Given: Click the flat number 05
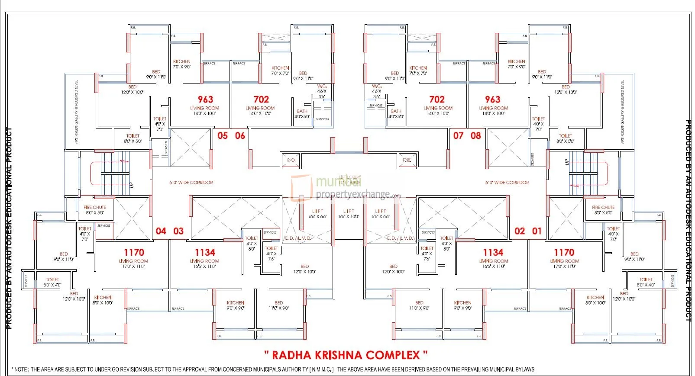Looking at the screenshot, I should [x=223, y=136].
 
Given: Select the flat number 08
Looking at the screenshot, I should [x=476, y=136].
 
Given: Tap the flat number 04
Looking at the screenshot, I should [x=161, y=231].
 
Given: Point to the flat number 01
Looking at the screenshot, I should [x=537, y=231].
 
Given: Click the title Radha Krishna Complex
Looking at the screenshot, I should [x=346, y=355].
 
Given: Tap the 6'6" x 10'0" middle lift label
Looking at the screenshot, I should [x=349, y=214].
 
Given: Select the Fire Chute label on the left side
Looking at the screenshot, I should [x=95, y=210].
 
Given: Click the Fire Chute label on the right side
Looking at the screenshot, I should [x=603, y=210].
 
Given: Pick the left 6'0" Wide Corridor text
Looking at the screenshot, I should [x=191, y=183].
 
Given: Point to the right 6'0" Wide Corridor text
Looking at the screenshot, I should [x=507, y=183].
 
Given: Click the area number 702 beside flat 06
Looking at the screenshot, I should [x=261, y=100].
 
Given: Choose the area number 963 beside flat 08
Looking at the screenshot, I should [x=493, y=100].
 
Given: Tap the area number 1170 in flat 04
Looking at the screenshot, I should [x=134, y=252].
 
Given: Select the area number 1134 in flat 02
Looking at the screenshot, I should [x=493, y=252].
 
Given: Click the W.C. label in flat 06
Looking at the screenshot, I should [x=322, y=87].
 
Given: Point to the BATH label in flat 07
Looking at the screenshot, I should [x=396, y=111].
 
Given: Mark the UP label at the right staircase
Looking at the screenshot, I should [x=567, y=162].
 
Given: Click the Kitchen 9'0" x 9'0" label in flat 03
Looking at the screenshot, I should [x=236, y=305].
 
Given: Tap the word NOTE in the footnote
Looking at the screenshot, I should [x=21, y=370].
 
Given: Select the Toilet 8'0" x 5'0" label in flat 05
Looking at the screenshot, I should [x=133, y=138].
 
